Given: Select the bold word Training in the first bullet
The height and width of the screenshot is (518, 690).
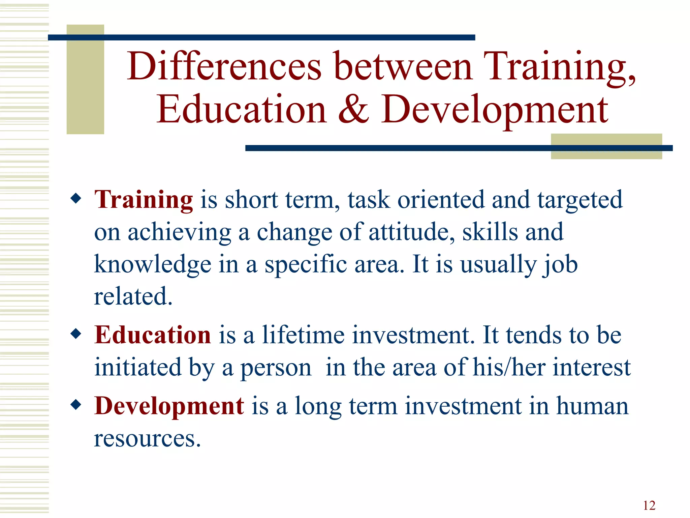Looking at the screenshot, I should [144, 200].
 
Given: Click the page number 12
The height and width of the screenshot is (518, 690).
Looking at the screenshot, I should [649, 506].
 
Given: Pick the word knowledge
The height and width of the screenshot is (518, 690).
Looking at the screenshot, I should [153, 264].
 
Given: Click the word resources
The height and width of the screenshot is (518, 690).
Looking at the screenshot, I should [147, 439].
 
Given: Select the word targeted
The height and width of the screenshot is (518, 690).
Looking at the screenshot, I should [579, 200].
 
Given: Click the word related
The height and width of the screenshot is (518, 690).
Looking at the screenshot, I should [133, 296].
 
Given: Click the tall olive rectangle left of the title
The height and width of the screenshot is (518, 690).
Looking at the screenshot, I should [85, 79].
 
